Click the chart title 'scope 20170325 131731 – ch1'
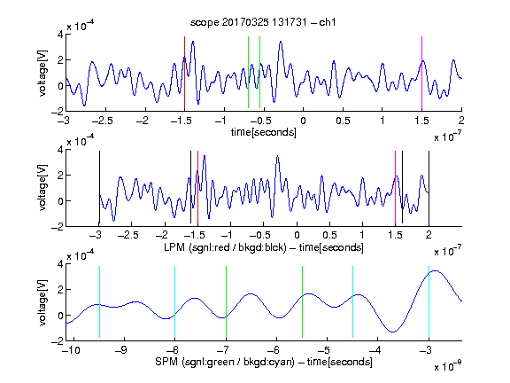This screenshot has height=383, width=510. (263, 22)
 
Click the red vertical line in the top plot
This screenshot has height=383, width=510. (184, 73)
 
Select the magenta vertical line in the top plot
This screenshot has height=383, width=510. (421, 73)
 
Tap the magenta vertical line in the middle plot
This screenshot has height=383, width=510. (395, 188)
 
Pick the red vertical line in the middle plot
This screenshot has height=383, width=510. (197, 188)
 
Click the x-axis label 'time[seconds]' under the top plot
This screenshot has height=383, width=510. (264, 132)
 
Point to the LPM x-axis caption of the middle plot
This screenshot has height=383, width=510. (264, 247)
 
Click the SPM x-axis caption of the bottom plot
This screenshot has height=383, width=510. (264, 362)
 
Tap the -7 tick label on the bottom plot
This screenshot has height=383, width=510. (224, 350)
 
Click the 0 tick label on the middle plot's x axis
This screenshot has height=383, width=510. (297, 235)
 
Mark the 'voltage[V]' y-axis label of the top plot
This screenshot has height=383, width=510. (42, 73)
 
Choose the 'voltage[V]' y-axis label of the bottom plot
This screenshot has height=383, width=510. (42, 303)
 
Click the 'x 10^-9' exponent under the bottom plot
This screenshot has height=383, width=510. (447, 366)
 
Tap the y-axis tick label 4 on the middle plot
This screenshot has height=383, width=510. (60, 150)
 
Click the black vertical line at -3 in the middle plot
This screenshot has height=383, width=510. (99, 188)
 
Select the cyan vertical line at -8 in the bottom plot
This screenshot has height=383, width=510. (174, 302)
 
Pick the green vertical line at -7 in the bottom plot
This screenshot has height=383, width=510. (226, 302)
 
